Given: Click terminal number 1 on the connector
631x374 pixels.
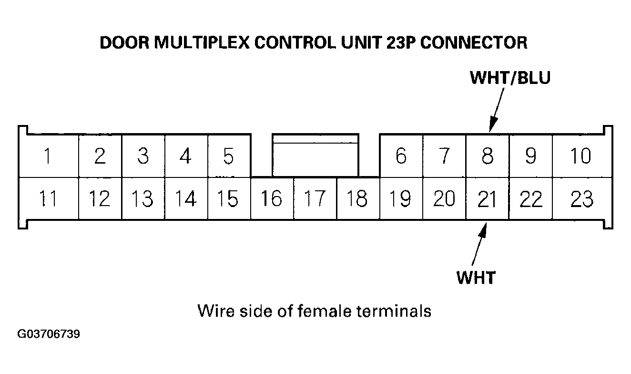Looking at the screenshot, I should click(x=48, y=156).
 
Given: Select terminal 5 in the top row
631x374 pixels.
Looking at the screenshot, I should click(x=229, y=156).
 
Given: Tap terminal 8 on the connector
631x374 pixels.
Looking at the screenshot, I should click(x=487, y=156).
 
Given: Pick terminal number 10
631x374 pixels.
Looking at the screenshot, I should click(x=580, y=156).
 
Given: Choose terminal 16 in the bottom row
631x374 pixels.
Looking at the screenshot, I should click(x=272, y=198).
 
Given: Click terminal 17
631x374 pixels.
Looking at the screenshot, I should click(x=315, y=198).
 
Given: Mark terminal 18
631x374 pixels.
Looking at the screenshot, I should click(x=357, y=198).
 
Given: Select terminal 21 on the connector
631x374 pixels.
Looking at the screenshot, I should click(x=487, y=198).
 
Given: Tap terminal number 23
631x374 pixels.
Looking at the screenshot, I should click(x=581, y=198).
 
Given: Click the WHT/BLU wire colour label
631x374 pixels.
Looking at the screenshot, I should click(x=510, y=78).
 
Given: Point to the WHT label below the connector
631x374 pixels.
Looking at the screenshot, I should click(x=476, y=277).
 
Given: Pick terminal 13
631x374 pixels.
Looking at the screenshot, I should click(x=142, y=198).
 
